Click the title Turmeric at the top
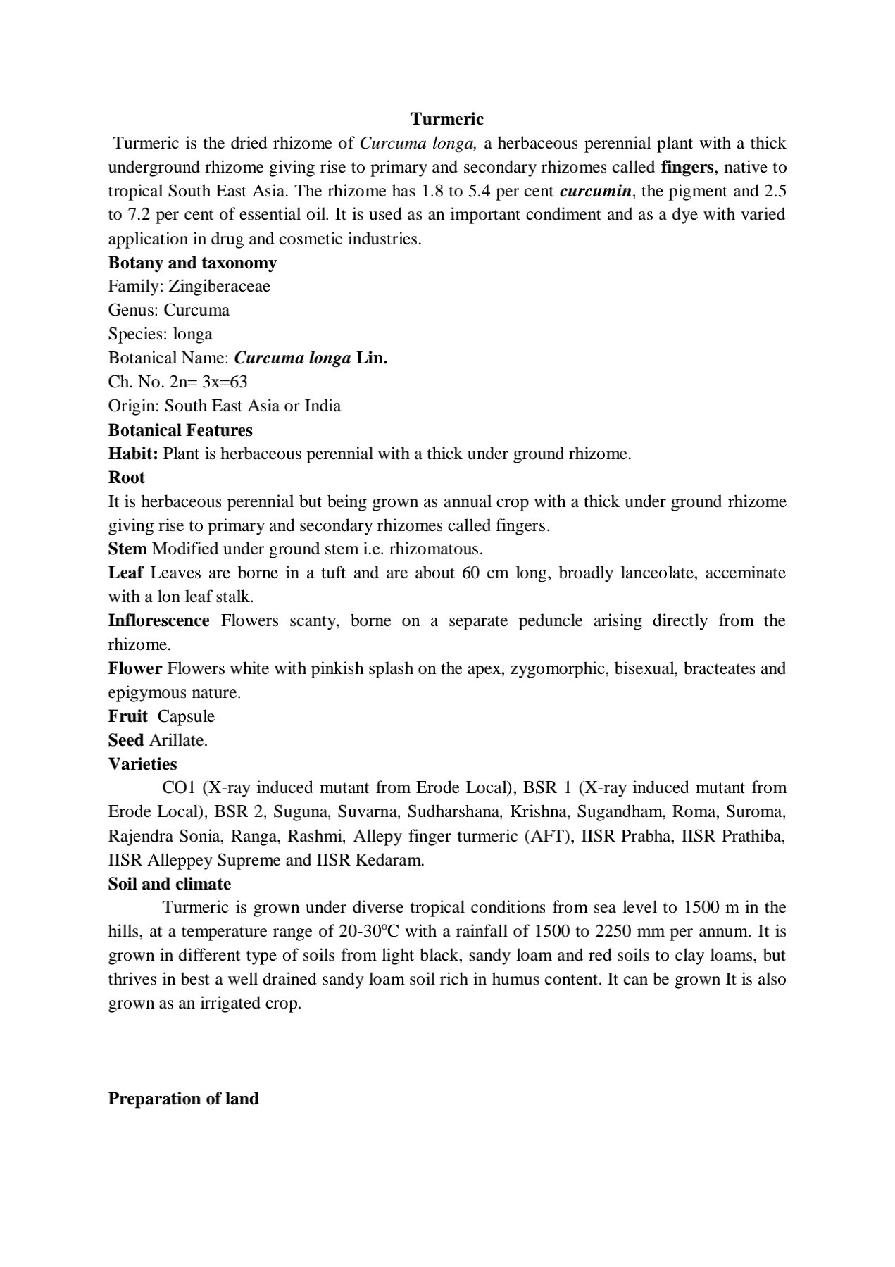tap(447, 118)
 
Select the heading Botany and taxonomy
tap(192, 263)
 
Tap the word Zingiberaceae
tap(219, 286)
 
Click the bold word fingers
tap(687, 168)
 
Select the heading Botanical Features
tap(180, 430)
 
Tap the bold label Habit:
tap(133, 454)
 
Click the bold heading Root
tap(127, 478)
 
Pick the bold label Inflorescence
tap(158, 620)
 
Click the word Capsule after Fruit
tap(186, 716)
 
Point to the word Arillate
tap(178, 740)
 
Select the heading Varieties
tap(142, 764)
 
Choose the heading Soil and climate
tap(170, 884)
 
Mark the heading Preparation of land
tap(183, 1099)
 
